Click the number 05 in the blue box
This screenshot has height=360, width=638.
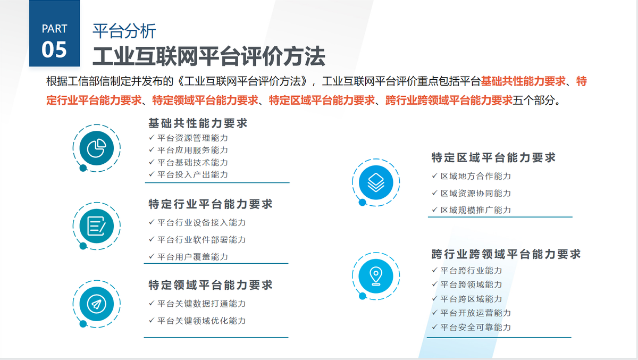click(54, 49)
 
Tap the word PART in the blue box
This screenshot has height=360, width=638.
click(54, 29)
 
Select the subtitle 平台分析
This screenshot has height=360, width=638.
click(124, 31)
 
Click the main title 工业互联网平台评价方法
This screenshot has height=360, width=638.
click(209, 56)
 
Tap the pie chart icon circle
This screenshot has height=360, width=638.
click(97, 148)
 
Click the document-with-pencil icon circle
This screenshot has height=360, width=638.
click(97, 226)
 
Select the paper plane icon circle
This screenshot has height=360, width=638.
click(97, 304)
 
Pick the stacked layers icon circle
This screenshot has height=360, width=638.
click(376, 182)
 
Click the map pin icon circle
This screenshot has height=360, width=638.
click(376, 276)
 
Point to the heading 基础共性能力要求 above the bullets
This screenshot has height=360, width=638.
click(198, 123)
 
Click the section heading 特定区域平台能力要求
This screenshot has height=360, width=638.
click(493, 157)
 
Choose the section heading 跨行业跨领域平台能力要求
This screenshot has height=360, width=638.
click(506, 254)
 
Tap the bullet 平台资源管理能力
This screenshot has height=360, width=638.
click(193, 138)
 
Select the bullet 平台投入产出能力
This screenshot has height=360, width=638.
click(193, 174)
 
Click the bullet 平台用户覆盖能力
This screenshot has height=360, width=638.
click(193, 257)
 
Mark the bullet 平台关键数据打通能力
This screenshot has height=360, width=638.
click(202, 304)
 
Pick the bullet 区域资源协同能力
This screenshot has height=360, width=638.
click(476, 194)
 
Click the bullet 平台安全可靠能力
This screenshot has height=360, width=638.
click(476, 327)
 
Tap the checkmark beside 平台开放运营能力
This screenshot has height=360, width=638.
click(435, 313)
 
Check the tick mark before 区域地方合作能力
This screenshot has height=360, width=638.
click(435, 175)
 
